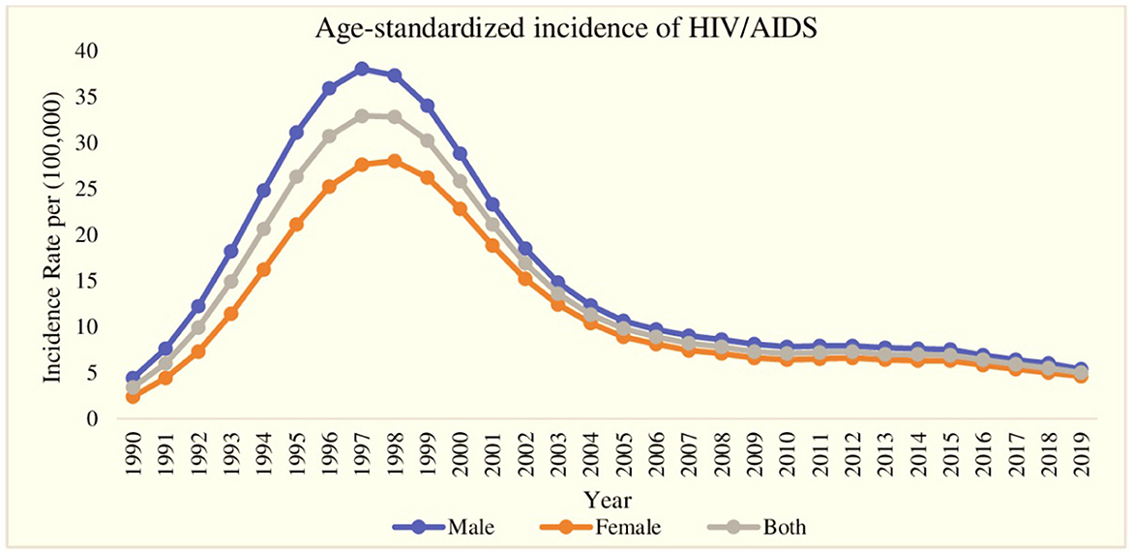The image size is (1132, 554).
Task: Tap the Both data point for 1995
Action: [296, 176]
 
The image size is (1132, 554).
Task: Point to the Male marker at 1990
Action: [134, 379]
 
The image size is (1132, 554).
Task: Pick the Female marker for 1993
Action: [231, 314]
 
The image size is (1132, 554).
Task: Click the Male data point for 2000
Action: [461, 154]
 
